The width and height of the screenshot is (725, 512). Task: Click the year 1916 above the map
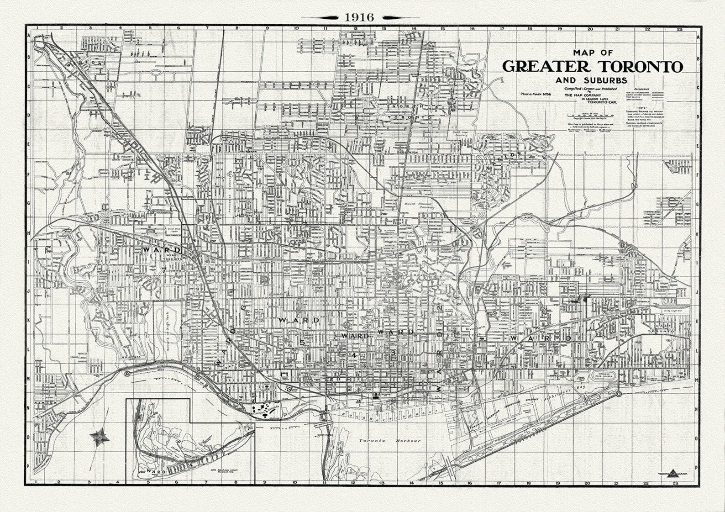coord(360,17)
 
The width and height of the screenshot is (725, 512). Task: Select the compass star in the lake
coord(98,437)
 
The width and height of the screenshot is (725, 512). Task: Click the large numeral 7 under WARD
coord(163,270)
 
